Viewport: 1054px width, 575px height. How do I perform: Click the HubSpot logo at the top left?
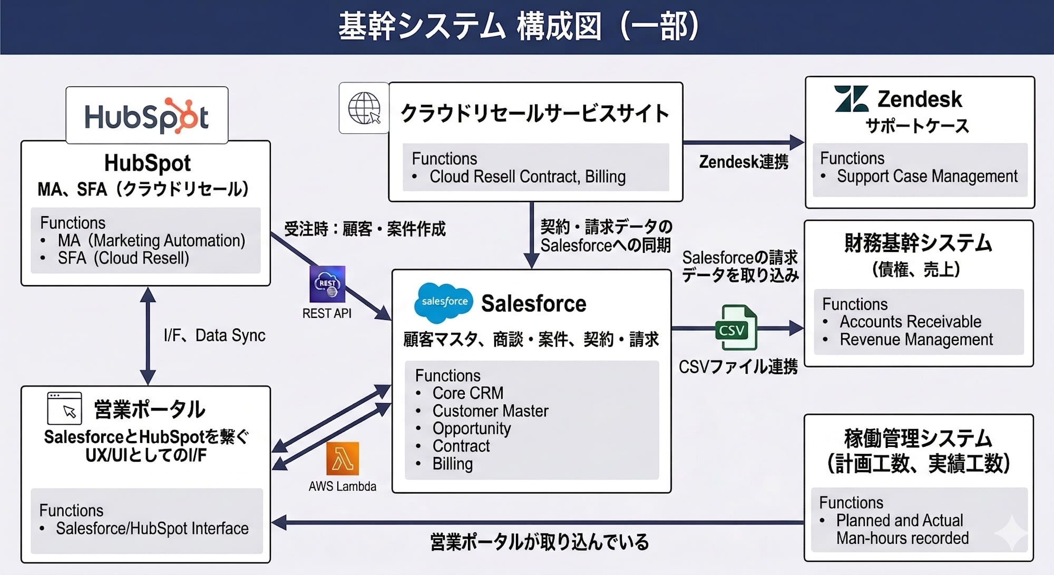(x=147, y=116)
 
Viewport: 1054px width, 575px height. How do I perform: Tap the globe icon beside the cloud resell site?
(x=364, y=108)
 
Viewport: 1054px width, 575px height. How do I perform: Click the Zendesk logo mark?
(x=851, y=99)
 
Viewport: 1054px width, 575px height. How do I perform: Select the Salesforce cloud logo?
(x=443, y=302)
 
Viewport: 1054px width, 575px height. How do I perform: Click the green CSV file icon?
(x=736, y=328)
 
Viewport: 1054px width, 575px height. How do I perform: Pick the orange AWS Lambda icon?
(x=343, y=459)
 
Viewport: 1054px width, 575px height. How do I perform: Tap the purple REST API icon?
(x=327, y=284)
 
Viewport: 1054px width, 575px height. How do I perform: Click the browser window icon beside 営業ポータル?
(x=64, y=408)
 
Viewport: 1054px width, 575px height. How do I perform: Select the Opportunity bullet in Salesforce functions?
(x=471, y=428)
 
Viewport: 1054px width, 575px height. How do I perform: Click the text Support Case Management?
(x=926, y=176)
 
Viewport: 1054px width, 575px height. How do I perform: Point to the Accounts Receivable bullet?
(x=910, y=321)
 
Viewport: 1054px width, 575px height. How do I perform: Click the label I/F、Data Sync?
(x=214, y=335)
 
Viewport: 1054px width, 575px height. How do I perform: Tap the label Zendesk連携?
(x=743, y=162)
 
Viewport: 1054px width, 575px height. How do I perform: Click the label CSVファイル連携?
(x=738, y=366)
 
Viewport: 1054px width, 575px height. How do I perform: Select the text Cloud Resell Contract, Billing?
(x=527, y=177)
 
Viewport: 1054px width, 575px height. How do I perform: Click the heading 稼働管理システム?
(x=918, y=438)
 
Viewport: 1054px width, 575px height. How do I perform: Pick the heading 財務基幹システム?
(x=918, y=243)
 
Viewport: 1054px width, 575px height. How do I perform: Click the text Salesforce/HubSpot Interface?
(x=152, y=529)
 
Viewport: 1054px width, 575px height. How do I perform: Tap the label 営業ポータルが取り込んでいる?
(x=539, y=542)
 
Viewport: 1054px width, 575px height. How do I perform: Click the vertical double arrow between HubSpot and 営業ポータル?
(x=148, y=336)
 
